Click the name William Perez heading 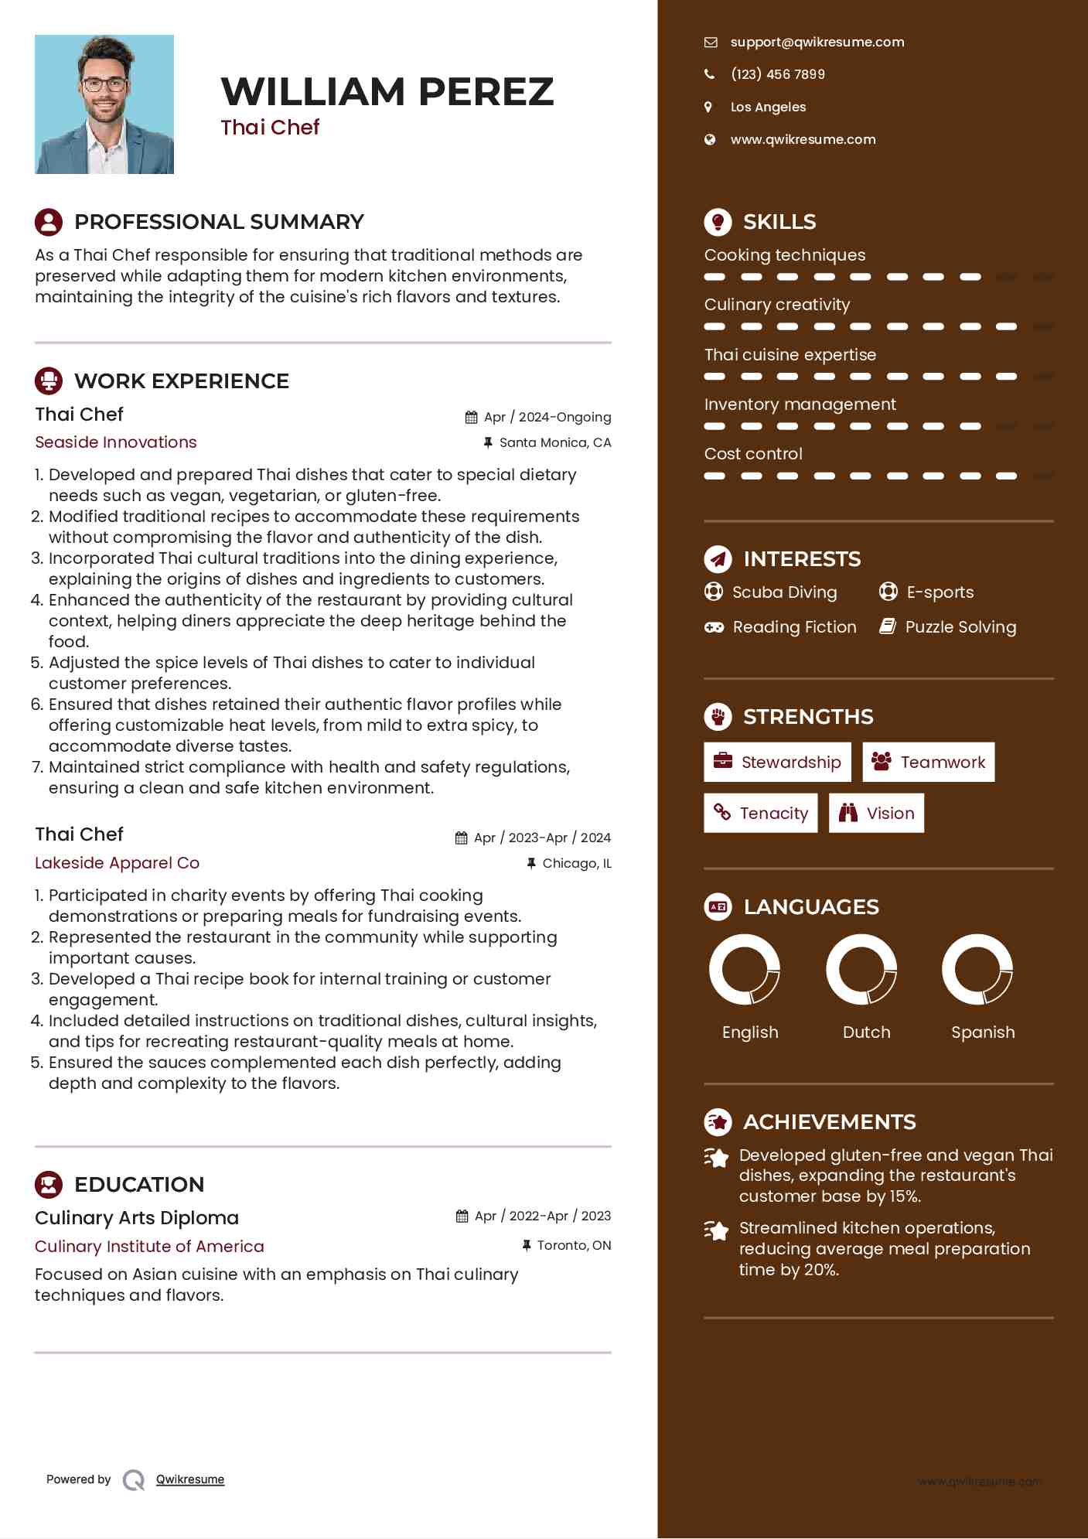[x=387, y=91]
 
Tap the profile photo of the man [x=104, y=104]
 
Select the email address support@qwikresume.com [x=817, y=43]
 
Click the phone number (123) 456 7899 [x=777, y=74]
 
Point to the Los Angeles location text [x=768, y=107]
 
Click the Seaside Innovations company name [x=116, y=442]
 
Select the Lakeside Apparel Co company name [x=117, y=863]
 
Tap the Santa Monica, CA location [x=554, y=443]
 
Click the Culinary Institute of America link [x=149, y=1247]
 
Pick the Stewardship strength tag [x=777, y=763]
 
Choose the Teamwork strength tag [x=928, y=763]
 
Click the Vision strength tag [x=876, y=814]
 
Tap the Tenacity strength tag [x=760, y=814]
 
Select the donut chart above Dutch [x=861, y=969]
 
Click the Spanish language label [x=983, y=1032]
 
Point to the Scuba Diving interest [x=784, y=592]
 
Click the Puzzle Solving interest [x=960, y=627]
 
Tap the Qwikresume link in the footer [x=190, y=1479]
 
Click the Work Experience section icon [x=49, y=381]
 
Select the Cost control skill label [x=753, y=454]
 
